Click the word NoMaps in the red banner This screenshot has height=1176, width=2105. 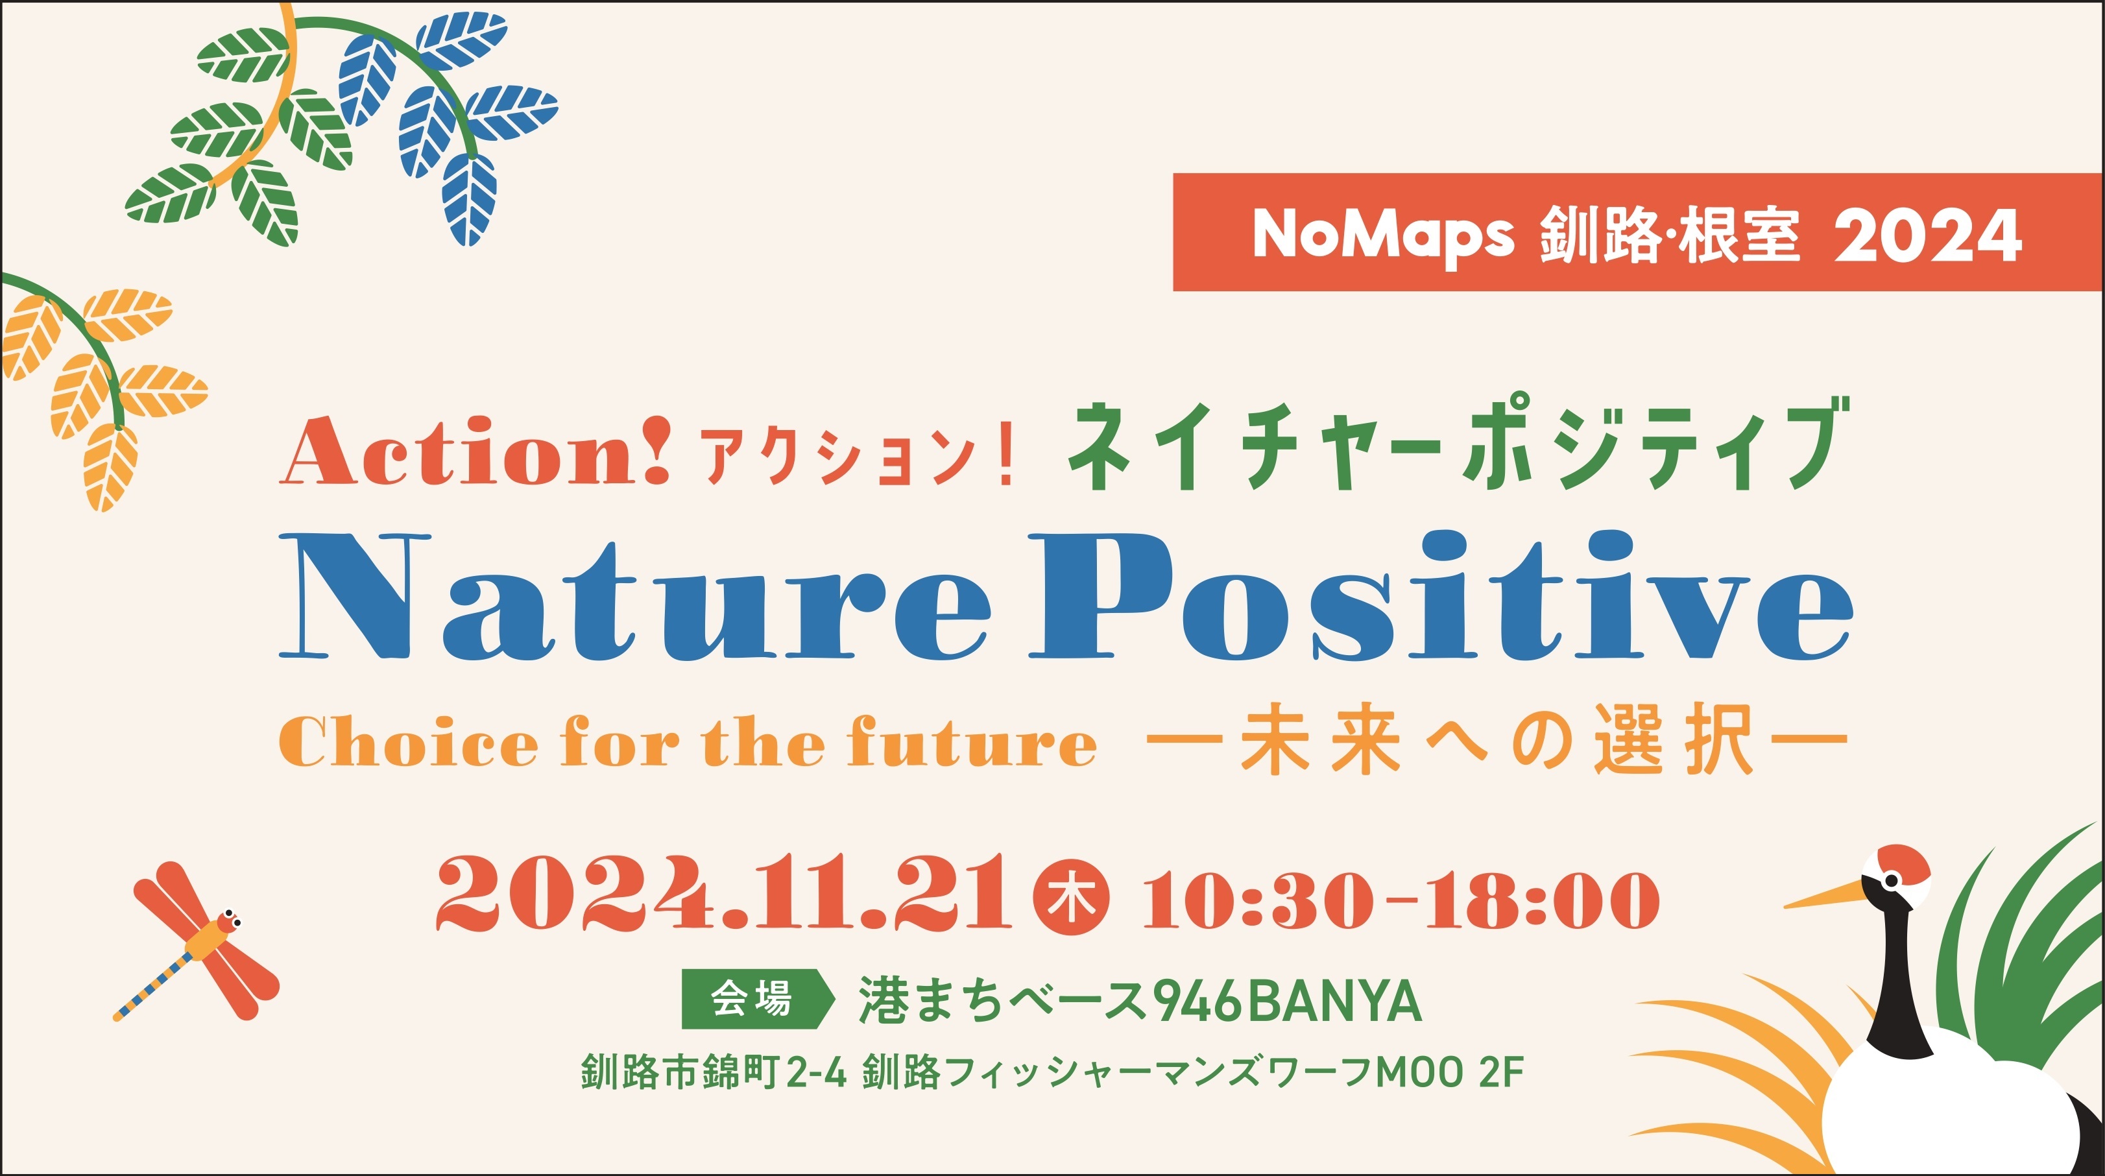[x=1384, y=235]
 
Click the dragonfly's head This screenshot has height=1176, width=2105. [x=230, y=922]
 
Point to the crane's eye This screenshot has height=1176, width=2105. [x=1890, y=882]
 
